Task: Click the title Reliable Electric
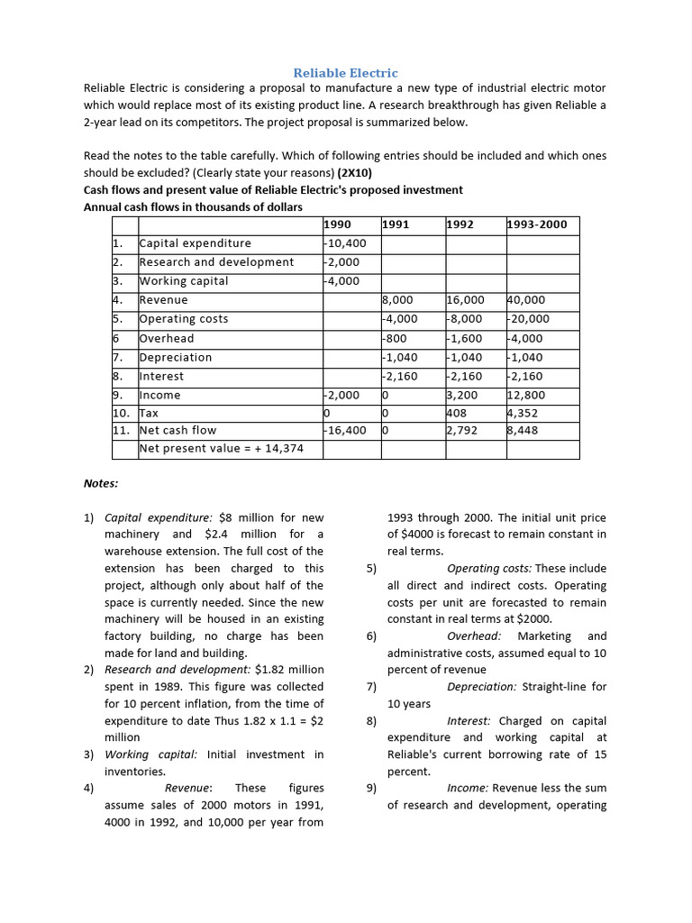[x=346, y=72]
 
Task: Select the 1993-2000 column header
[x=538, y=224]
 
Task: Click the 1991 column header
[x=396, y=224]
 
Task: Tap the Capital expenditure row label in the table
[x=196, y=243]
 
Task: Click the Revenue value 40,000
[x=528, y=300]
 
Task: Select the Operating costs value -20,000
[x=529, y=319]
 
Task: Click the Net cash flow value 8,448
[x=524, y=431]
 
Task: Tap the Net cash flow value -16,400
[x=345, y=431]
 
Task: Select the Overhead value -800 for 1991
[x=396, y=339]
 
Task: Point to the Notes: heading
[x=101, y=483]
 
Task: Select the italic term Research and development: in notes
[x=177, y=670]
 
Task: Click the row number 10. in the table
[x=122, y=414]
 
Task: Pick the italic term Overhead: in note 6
[x=474, y=636]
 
